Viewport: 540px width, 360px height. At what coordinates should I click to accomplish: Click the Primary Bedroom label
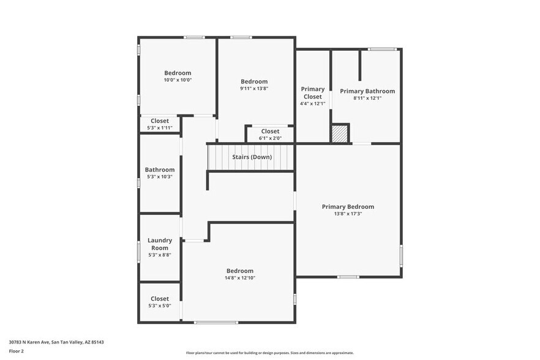[348, 207]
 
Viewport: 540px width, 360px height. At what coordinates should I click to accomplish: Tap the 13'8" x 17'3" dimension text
[348, 214]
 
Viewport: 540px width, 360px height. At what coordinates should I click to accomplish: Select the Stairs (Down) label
[252, 157]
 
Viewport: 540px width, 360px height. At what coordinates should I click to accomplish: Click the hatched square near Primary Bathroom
[340, 133]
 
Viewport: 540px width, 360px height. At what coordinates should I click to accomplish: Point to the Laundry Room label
[160, 244]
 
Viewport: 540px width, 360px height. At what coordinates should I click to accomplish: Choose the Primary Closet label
[312, 93]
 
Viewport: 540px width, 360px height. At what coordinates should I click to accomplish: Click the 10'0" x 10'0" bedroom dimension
[178, 80]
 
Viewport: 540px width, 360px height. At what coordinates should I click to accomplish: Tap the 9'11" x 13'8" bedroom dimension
[254, 89]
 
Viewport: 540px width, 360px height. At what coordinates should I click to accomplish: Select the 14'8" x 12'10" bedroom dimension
[239, 278]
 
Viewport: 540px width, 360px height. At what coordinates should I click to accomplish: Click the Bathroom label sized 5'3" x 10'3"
[160, 170]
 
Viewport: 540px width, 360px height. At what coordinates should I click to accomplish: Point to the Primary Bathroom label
[367, 91]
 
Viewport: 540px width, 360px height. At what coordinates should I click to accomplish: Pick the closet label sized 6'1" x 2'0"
[270, 131]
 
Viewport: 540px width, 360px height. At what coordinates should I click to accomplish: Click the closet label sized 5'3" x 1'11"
[160, 121]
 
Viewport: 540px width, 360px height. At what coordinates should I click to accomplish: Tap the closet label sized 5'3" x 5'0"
[160, 299]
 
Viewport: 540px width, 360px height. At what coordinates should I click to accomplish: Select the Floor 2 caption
[16, 351]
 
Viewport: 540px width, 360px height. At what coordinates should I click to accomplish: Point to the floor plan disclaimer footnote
[270, 353]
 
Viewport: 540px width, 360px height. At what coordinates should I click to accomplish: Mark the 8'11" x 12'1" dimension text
[367, 98]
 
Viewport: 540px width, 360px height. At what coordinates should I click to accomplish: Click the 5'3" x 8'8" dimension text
[160, 255]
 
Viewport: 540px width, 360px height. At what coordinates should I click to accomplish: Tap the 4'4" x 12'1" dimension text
[312, 103]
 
